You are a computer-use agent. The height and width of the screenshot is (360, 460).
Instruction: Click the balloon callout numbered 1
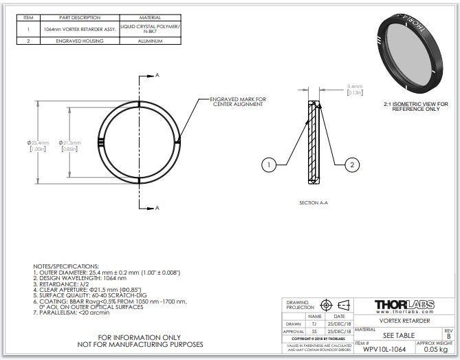pos(269,165)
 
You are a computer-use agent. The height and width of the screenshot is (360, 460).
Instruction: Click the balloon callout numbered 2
pos(351,165)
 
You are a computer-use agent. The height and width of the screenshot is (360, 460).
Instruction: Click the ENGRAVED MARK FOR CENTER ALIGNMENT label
pos(237,102)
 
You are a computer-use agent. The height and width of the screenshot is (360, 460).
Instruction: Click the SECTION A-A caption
pos(314,204)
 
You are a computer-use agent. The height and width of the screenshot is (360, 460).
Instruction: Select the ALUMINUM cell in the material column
pos(151,41)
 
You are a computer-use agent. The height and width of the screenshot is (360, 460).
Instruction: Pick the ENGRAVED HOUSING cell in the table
pos(80,41)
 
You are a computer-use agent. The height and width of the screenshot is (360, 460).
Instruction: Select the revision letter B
pos(449,336)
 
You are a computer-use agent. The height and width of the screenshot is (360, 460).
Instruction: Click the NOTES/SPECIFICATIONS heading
pos(66,266)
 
